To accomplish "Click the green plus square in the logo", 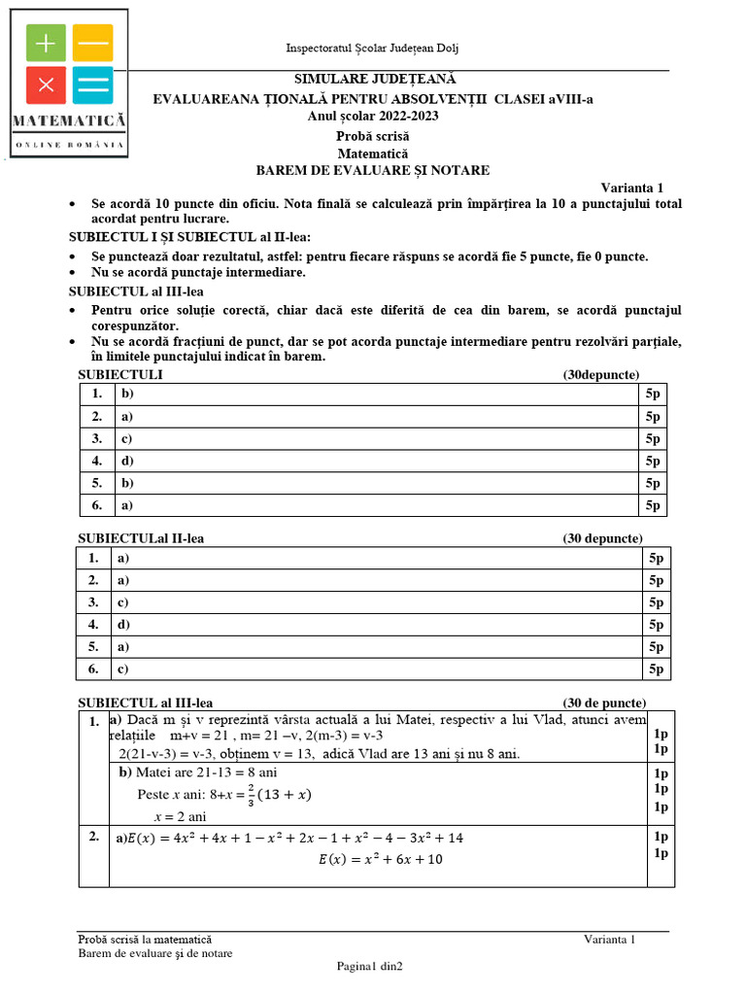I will point(45,43).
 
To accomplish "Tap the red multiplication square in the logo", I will point(45,85).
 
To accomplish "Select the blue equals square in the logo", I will point(92,85).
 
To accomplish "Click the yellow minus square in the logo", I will point(92,43).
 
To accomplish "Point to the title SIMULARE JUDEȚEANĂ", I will point(374,80).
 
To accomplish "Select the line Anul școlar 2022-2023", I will point(373,116).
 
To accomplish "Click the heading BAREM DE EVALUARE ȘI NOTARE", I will point(373,170).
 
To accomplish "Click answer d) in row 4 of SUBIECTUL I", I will point(127,461).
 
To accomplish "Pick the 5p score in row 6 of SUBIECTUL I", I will point(653,504).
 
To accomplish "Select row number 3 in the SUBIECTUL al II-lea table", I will point(93,602).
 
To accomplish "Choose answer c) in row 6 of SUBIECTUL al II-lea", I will point(122,669).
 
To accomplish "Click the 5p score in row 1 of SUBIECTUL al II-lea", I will point(657,558).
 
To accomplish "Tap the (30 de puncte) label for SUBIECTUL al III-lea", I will point(603,703).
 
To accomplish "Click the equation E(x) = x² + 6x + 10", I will point(381,859).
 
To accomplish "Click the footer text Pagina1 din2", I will point(369,966).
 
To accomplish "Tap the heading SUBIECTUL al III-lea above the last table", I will point(145,703).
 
